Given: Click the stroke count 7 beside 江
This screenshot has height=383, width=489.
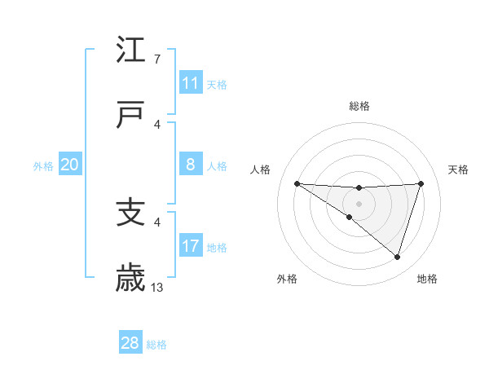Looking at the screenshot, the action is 157,59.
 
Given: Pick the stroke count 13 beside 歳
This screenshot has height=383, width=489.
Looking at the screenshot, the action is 157,287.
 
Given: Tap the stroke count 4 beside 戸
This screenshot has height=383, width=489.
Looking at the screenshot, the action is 157,125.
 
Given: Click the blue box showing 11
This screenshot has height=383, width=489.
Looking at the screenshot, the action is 190,83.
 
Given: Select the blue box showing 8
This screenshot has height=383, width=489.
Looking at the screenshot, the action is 190,165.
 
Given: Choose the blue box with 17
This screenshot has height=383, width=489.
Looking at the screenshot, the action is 190,246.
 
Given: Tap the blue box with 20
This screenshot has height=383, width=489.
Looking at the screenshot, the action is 69,165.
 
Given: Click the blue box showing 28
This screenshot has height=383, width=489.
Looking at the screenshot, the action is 130,343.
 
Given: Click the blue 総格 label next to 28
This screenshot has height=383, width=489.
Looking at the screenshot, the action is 156,345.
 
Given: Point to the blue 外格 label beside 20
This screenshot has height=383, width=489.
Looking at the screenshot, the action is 43,166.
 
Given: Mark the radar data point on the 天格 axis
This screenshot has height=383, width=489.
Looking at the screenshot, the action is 421,183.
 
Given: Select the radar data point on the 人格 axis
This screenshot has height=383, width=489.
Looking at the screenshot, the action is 297,183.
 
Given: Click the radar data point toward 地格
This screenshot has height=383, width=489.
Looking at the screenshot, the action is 397,257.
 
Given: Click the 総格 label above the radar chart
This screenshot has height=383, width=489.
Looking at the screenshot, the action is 359,106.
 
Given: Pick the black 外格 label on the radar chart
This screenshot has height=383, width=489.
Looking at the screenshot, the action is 287,279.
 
